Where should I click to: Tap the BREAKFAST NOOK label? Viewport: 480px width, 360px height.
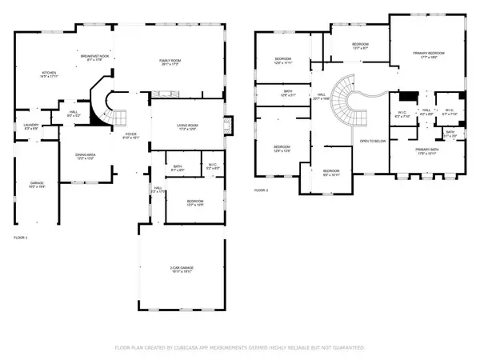pyautogui.click(x=94, y=56)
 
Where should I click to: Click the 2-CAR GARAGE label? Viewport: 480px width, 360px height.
pyautogui.click(x=180, y=269)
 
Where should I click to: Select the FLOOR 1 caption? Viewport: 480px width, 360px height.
pyautogui.click(x=22, y=238)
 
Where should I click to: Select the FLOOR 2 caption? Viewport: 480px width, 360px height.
pyautogui.click(x=262, y=190)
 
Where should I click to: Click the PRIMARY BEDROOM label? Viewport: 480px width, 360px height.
pyautogui.click(x=428, y=54)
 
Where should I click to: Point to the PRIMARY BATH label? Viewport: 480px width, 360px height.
pyautogui.click(x=428, y=150)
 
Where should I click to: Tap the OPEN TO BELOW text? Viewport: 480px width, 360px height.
pyautogui.click(x=373, y=142)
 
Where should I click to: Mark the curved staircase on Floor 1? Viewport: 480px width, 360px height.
pyautogui.click(x=107, y=104)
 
